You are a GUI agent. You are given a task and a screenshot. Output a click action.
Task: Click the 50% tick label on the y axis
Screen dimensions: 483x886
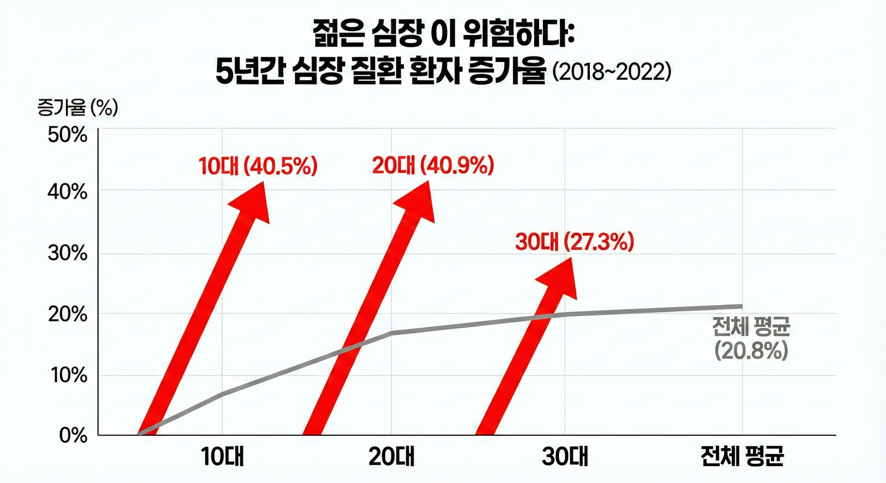(67, 136)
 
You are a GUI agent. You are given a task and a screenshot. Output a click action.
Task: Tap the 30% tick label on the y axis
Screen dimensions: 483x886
(67, 254)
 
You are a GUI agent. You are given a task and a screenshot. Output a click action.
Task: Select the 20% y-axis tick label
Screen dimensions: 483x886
(67, 314)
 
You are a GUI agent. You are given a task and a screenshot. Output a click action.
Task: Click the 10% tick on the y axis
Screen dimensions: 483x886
(67, 376)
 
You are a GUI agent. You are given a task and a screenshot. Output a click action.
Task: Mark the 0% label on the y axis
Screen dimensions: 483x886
(73, 436)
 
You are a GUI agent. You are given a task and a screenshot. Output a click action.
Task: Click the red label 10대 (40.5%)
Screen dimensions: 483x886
(258, 166)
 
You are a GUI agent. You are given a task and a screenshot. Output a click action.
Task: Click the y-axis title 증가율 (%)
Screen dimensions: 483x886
(77, 108)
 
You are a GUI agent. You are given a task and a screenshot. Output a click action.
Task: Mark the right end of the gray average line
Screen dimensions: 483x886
(742, 306)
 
